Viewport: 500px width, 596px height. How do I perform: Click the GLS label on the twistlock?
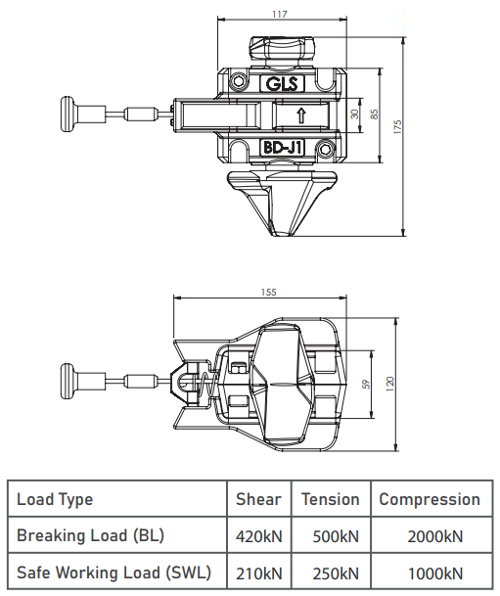click(x=282, y=83)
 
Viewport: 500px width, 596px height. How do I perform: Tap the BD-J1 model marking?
click(x=282, y=148)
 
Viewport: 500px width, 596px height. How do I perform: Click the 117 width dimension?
click(x=280, y=14)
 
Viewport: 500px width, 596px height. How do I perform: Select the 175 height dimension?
click(x=397, y=127)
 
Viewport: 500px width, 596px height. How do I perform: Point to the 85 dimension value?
click(x=375, y=115)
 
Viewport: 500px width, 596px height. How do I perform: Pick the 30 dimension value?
click(x=354, y=115)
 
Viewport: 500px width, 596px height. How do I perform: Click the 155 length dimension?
click(x=269, y=293)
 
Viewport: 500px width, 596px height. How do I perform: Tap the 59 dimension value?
click(x=366, y=385)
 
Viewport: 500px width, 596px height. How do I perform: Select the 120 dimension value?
click(x=390, y=385)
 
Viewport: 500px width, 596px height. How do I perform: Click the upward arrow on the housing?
click(x=301, y=115)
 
